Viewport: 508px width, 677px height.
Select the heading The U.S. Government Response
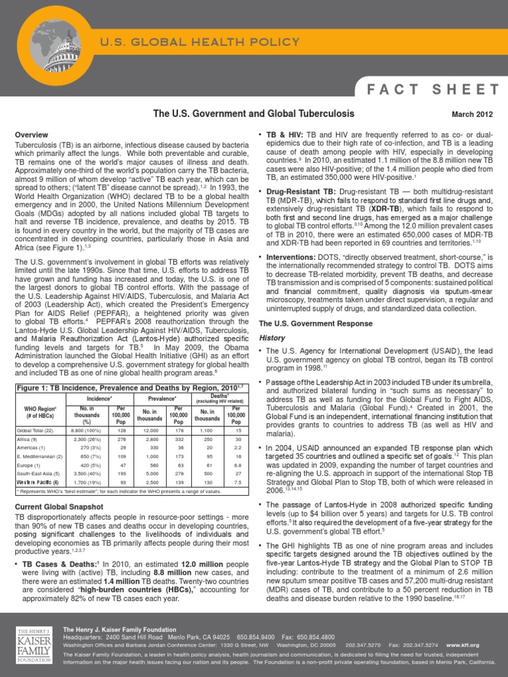306,323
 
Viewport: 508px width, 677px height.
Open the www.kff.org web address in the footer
462,644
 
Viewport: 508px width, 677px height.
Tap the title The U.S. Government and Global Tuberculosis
253,114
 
